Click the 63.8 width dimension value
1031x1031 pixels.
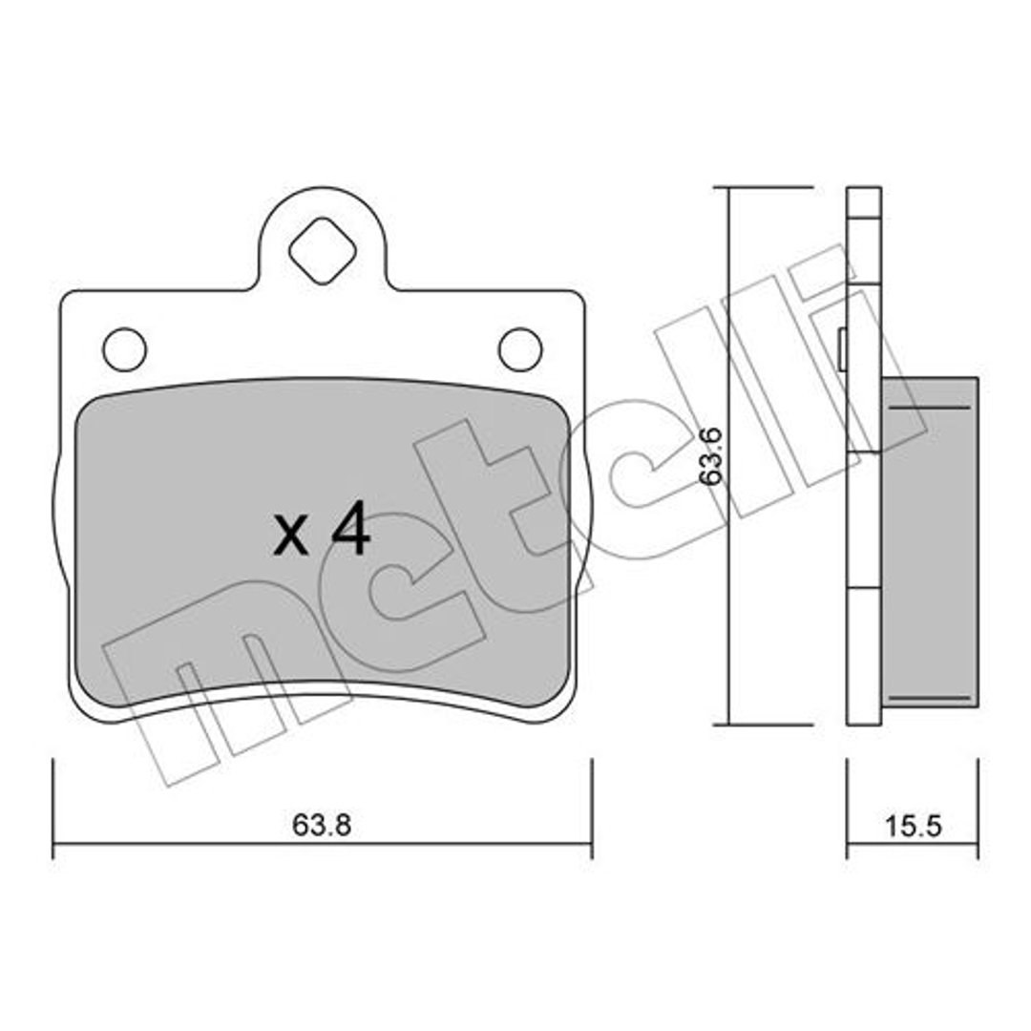click(322, 825)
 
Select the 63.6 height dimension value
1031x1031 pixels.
click(711, 456)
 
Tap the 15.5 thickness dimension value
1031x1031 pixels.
click(914, 826)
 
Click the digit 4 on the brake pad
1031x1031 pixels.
click(351, 528)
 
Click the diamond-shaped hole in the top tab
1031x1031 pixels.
click(323, 251)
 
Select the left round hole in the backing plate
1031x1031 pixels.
click(125, 349)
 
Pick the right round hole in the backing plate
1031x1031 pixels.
click(520, 349)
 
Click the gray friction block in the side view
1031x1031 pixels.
click(930, 542)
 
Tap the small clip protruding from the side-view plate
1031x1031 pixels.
click(843, 349)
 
